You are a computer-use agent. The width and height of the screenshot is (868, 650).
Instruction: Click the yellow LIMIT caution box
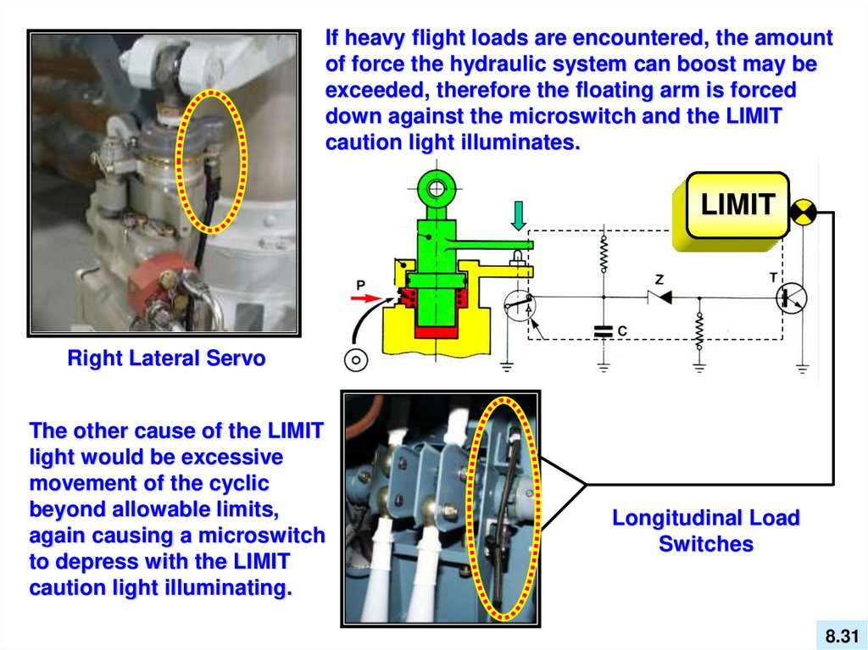click(x=736, y=205)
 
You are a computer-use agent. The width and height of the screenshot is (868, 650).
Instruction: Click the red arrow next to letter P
click(x=365, y=298)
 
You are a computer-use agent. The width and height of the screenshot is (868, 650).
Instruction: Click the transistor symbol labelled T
click(x=792, y=297)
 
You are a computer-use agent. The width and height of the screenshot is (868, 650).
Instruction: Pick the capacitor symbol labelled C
click(x=603, y=331)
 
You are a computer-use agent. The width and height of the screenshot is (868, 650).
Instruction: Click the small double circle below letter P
click(x=356, y=359)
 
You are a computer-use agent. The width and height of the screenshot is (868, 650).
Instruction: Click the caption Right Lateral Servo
click(x=166, y=358)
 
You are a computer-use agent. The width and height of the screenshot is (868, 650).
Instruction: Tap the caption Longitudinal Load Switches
click(x=706, y=531)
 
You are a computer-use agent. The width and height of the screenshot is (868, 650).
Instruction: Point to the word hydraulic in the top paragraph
click(x=514, y=64)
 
